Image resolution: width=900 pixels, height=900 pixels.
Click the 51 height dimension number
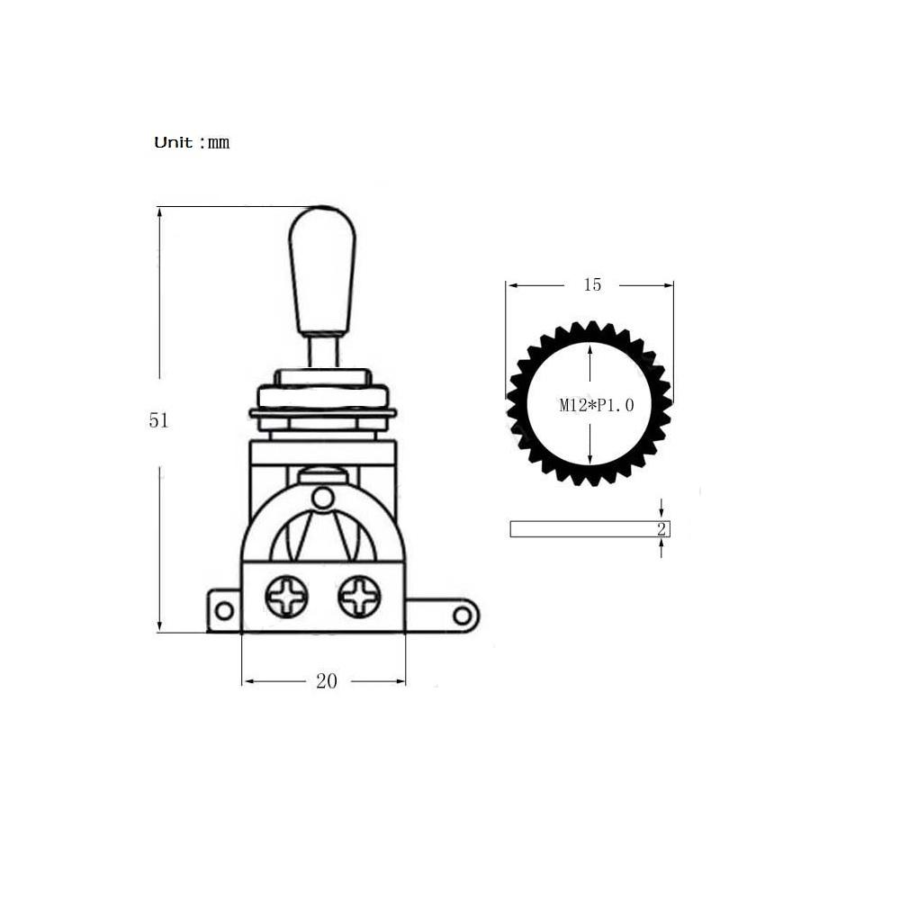[158, 420]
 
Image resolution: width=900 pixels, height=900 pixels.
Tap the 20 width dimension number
[327, 681]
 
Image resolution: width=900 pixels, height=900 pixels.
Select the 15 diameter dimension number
[592, 284]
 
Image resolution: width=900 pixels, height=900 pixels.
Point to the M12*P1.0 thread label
[597, 405]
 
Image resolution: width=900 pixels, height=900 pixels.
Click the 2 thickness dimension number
[661, 528]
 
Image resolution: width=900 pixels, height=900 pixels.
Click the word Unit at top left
[174, 142]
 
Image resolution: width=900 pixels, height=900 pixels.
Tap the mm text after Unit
[219, 143]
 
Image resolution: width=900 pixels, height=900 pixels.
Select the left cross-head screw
[286, 597]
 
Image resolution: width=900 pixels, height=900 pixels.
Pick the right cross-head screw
[359, 597]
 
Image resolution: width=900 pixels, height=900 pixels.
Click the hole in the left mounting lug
[224, 611]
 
